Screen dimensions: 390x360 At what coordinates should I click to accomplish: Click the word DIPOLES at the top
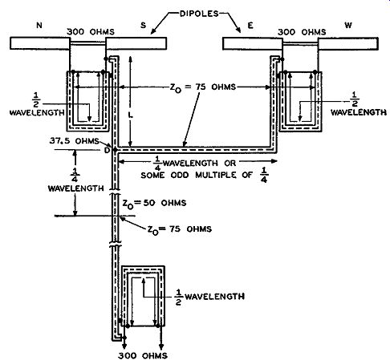point(199,14)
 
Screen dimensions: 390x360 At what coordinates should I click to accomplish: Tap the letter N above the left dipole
point(39,25)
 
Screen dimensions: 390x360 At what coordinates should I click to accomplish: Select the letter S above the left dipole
point(144,25)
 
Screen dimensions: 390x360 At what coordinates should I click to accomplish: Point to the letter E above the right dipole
point(250,26)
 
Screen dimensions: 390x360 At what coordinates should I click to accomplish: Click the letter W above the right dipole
point(348,25)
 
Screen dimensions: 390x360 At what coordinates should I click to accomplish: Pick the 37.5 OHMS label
point(74,141)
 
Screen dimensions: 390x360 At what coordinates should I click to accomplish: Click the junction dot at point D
point(116,150)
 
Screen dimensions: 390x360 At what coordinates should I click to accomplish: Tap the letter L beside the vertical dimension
point(131,115)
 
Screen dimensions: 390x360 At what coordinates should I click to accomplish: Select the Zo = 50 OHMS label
point(154,203)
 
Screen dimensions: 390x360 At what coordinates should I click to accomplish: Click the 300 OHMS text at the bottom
point(143,355)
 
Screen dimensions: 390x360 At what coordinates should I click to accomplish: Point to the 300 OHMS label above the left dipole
point(91,32)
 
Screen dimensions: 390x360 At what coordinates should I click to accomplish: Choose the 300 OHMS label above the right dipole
point(302,32)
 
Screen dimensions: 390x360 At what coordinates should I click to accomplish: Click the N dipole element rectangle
point(40,43)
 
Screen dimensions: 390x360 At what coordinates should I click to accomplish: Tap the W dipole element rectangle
point(347,44)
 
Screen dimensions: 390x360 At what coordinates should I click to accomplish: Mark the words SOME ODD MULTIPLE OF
point(197,175)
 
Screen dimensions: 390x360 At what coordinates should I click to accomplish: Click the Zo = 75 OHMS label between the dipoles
point(203,87)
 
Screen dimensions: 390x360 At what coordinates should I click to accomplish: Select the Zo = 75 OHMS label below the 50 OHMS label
point(180,229)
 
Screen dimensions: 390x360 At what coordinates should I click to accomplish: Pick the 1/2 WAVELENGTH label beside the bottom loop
point(210,297)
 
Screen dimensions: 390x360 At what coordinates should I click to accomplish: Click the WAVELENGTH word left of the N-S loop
point(37,112)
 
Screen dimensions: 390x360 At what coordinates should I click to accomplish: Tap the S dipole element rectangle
point(136,43)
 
